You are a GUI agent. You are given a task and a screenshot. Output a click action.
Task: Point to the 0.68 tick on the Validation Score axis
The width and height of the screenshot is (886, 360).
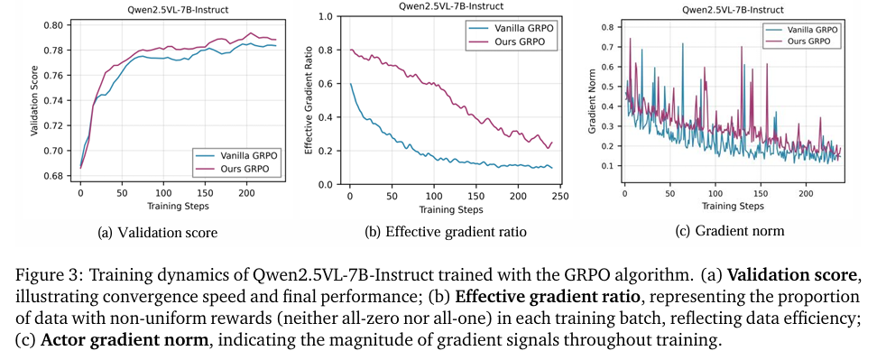coord(56,176)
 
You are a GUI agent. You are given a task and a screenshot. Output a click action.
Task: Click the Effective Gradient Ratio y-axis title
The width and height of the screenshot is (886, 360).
coord(310,100)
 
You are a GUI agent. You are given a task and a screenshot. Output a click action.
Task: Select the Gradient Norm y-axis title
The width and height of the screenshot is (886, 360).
coord(593,100)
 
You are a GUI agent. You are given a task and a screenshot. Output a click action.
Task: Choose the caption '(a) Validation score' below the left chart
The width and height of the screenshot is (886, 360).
coord(157,233)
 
